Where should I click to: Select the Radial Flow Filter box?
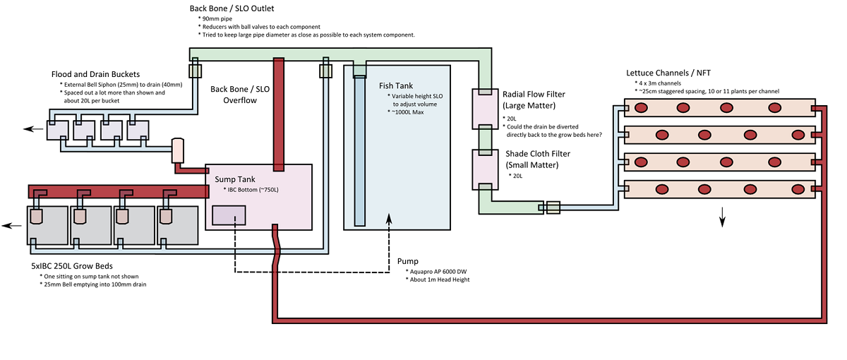pos(485,109)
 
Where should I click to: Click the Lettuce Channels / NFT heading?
pos(668,73)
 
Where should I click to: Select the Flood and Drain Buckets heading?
pos(95,75)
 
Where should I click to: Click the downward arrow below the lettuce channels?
pos(723,221)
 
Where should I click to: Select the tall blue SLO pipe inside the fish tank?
pos(360,148)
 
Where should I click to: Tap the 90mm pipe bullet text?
pos(220,18)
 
